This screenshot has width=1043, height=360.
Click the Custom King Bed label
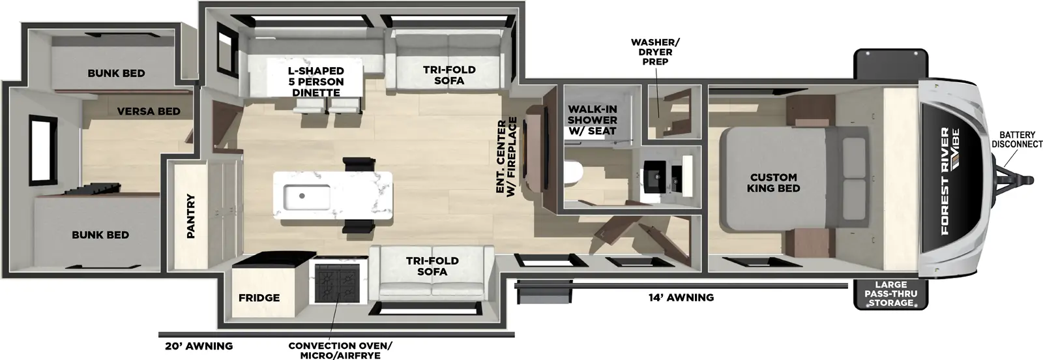point(773,183)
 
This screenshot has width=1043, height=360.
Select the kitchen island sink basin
point(306,194)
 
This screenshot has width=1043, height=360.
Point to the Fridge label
point(259,297)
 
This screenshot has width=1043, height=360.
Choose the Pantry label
point(191,216)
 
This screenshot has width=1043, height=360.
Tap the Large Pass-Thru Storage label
point(890,293)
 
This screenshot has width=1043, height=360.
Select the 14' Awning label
point(681,297)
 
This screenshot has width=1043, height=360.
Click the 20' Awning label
point(196,346)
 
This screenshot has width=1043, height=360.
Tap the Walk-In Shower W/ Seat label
point(592,120)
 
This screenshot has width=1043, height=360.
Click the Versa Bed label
point(149,111)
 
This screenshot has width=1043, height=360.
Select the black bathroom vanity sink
point(653,175)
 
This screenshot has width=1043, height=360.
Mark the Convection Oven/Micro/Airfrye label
point(340,350)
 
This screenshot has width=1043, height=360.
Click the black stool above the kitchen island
point(358,164)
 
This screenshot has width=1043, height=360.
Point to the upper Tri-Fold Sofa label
point(449,75)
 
